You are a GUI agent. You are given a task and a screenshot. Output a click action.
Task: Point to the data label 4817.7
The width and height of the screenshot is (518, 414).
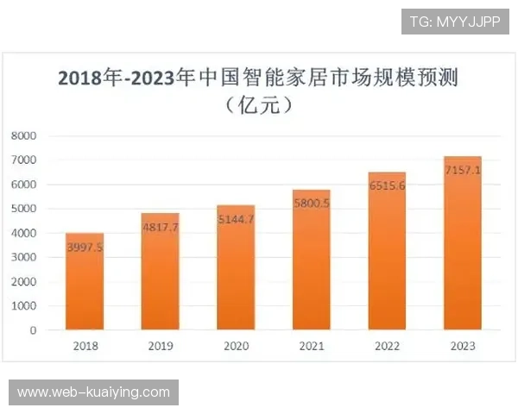pyautogui.click(x=161, y=229)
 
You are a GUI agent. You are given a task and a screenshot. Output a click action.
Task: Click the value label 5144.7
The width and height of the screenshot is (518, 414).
pyautogui.click(x=236, y=220)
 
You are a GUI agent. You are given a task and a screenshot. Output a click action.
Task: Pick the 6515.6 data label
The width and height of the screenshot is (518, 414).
pyautogui.click(x=387, y=187)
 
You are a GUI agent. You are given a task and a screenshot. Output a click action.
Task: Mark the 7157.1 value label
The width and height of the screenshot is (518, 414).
pyautogui.click(x=463, y=171)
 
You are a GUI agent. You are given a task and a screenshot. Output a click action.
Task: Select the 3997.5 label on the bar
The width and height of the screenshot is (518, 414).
pyautogui.click(x=85, y=248)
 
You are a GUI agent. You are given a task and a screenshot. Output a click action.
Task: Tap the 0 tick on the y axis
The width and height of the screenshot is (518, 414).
pyautogui.click(x=34, y=330)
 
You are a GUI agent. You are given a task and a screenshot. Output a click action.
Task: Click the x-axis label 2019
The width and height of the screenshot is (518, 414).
pyautogui.click(x=161, y=347)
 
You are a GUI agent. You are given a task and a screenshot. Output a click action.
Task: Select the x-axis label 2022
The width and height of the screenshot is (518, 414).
pyautogui.click(x=387, y=347)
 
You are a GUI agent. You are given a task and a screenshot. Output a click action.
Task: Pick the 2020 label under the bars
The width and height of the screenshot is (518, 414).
pyautogui.click(x=236, y=347)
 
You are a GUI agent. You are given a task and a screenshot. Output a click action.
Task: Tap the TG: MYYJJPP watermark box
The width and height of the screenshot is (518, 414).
pyautogui.click(x=455, y=22)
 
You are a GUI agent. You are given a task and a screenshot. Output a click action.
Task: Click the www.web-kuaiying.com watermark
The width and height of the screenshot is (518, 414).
pyautogui.click(x=93, y=392)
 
